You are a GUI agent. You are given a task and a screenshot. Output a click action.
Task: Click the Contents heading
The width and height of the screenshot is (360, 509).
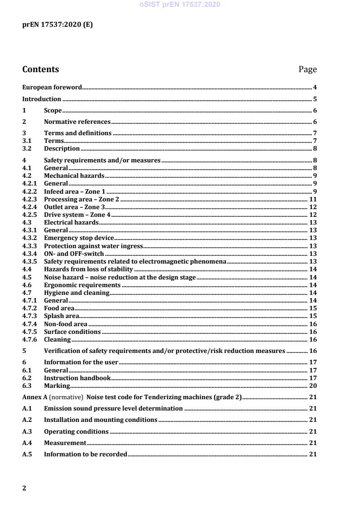point(40,69)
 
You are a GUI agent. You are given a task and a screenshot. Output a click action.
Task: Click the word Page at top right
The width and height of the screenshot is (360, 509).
point(307,69)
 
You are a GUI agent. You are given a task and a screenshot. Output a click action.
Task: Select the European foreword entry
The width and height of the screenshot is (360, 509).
point(52,87)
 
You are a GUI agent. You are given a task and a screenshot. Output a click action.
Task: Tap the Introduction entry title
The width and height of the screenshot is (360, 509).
point(42,99)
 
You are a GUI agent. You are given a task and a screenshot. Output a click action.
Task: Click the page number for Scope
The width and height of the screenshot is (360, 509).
point(315,111)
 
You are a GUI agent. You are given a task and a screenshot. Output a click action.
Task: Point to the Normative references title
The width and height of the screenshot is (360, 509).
point(77,122)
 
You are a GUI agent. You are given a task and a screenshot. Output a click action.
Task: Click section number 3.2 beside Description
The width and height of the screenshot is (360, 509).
point(27,148)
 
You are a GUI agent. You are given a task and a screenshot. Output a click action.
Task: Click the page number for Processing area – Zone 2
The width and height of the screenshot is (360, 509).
point(313,199)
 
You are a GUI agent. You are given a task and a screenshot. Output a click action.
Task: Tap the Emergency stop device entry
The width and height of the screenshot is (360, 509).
point(79,238)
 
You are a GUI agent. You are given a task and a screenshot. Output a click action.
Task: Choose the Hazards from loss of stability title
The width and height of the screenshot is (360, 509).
point(88,269)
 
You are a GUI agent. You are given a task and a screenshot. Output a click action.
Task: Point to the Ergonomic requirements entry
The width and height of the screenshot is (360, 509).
point(82,285)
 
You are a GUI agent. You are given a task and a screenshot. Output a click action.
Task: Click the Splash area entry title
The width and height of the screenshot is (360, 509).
point(61,316)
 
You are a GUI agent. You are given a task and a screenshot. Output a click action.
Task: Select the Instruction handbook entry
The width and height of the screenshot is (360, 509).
point(77,378)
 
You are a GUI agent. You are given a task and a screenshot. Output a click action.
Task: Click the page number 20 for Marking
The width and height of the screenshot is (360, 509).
point(313,386)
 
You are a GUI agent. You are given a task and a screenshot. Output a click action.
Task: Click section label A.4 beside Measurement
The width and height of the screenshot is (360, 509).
point(27,443)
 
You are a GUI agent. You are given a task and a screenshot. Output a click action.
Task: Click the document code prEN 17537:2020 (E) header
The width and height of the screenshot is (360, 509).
point(57,25)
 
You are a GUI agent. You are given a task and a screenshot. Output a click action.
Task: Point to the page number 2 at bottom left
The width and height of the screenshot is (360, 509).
point(25,488)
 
